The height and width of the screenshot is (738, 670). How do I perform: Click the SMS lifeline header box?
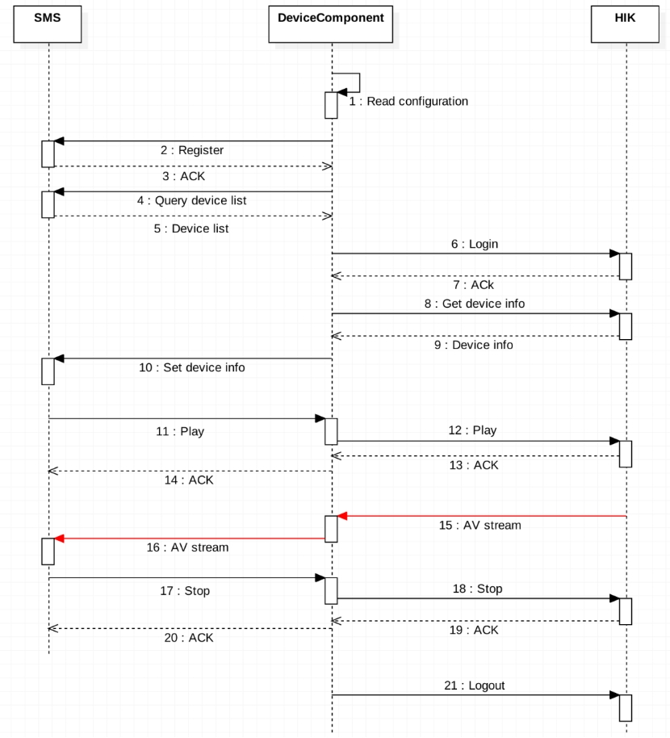(48, 23)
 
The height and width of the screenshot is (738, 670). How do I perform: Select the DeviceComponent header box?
(331, 23)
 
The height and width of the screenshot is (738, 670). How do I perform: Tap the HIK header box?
(625, 23)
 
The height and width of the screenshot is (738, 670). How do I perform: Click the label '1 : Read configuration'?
(408, 102)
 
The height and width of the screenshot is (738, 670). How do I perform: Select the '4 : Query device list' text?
(191, 200)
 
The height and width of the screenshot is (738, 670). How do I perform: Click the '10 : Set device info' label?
(191, 367)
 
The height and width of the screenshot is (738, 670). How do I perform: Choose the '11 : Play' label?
(179, 431)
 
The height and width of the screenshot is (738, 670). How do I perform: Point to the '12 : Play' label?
(472, 430)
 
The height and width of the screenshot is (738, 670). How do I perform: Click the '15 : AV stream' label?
(479, 525)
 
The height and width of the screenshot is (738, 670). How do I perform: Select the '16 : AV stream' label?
(188, 547)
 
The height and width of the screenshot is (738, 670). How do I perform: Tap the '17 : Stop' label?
(185, 590)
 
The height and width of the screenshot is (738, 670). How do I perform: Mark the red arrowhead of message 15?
(342, 515)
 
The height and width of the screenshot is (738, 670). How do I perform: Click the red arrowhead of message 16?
(59, 538)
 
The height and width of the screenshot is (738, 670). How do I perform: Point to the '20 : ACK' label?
(189, 637)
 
